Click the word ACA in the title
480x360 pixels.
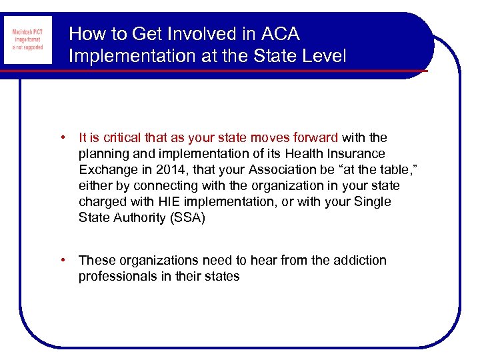pyautogui.click(x=279, y=33)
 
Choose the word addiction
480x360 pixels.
pyautogui.click(x=359, y=261)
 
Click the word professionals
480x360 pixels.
pyautogui.click(x=115, y=277)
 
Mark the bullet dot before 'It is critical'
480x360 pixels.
pyautogui.click(x=61, y=138)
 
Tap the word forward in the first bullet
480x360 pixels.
pyautogui.click(x=315, y=138)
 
